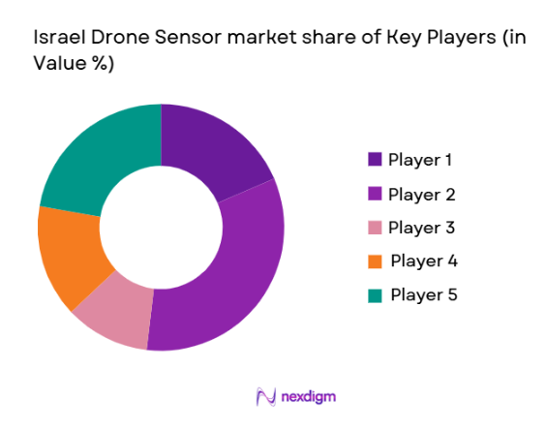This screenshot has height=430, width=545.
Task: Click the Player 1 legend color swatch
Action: [x=375, y=160]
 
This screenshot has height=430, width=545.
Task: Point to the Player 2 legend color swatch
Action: [x=375, y=194]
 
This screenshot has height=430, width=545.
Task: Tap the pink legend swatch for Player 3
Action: [x=375, y=228]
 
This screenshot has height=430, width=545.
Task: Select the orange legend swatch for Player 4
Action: [x=375, y=261]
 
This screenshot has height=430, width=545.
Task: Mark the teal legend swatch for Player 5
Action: [x=375, y=294]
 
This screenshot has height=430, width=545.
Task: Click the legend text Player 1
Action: [x=421, y=160]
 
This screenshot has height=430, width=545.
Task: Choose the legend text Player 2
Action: [x=421, y=194]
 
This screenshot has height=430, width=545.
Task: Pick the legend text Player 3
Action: [x=421, y=228]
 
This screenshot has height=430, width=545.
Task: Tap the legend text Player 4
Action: [x=423, y=261]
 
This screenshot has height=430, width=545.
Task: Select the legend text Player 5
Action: [x=423, y=294]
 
